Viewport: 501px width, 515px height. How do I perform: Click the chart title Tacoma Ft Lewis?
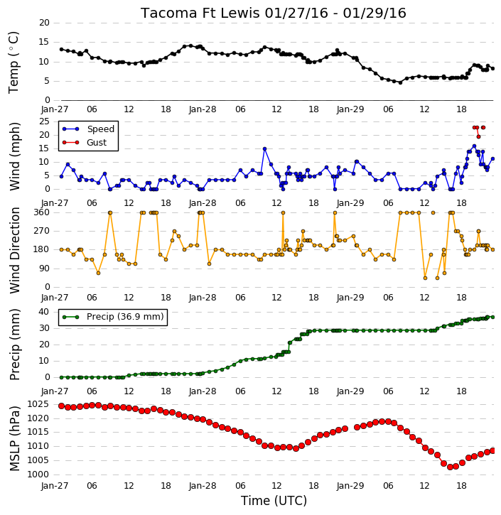click(200, 13)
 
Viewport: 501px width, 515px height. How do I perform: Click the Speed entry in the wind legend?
click(100, 129)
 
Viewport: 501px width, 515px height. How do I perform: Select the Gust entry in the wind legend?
click(97, 143)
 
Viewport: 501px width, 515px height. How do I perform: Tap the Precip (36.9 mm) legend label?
click(125, 317)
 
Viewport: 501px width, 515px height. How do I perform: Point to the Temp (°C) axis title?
click(14, 63)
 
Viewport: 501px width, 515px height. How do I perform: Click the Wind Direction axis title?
click(14, 250)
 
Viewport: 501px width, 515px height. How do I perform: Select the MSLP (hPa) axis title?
click(14, 438)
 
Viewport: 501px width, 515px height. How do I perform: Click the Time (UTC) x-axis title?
click(274, 501)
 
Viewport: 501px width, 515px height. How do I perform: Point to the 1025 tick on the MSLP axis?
click(38, 404)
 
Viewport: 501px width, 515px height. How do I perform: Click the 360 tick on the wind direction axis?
click(42, 212)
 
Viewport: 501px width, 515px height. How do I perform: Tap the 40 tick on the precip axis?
click(44, 312)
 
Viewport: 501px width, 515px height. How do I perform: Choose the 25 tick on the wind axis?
click(44, 121)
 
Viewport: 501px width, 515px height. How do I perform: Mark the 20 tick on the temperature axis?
click(44, 23)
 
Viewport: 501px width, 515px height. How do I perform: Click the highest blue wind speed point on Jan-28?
click(264, 148)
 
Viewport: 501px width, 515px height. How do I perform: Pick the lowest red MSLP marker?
click(450, 467)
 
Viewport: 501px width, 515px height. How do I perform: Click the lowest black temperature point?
click(400, 83)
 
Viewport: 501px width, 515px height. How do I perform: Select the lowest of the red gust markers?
click(479, 136)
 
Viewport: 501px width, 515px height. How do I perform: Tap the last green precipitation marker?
click(492, 318)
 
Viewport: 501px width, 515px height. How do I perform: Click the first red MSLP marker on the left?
click(61, 406)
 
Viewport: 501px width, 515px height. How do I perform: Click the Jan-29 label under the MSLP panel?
click(350, 485)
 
